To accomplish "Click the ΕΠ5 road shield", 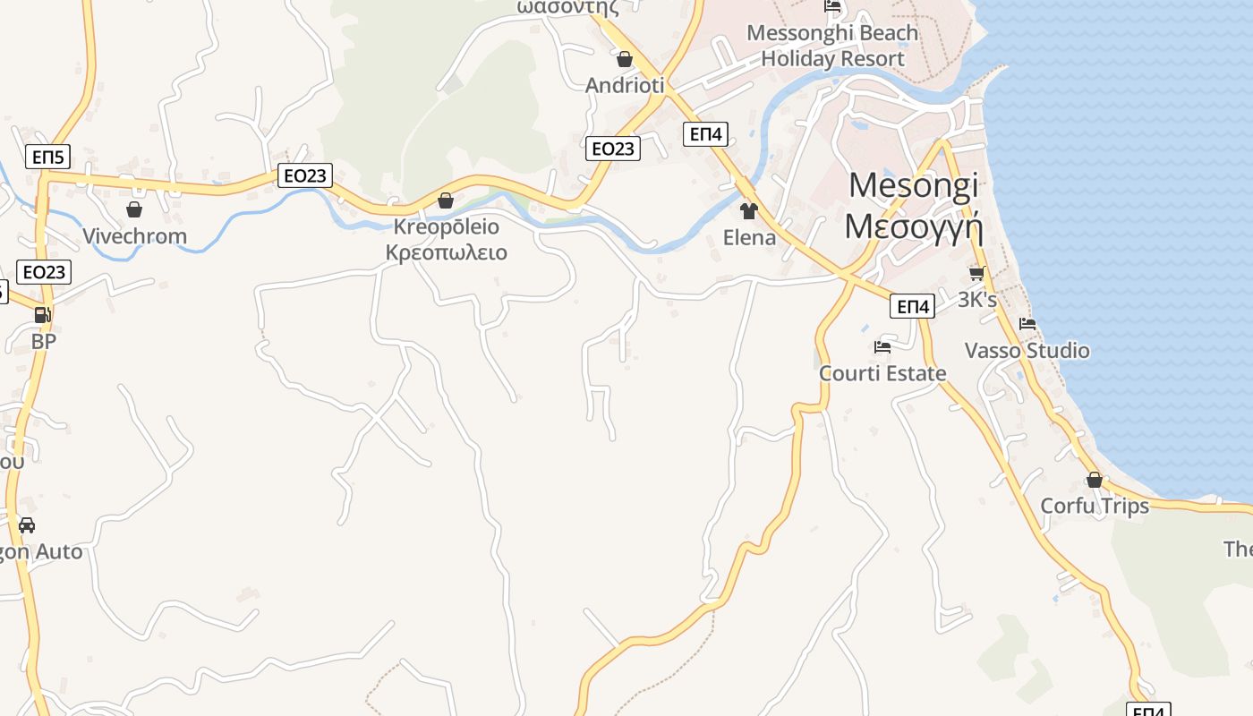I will [x=48, y=158].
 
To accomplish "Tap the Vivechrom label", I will [x=134, y=236].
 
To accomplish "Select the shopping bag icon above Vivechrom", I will [x=134, y=209].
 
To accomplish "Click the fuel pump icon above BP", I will [x=42, y=315].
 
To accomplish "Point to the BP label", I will [x=43, y=341].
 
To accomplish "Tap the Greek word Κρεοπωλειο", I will [x=446, y=252].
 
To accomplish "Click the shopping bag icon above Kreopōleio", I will [x=446, y=200].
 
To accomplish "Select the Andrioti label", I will [x=625, y=85].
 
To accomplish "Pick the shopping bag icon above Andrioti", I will [x=625, y=60].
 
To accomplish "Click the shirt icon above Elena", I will [x=749, y=211].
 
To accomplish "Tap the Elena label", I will [x=749, y=237].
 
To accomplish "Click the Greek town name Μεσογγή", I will [x=914, y=226].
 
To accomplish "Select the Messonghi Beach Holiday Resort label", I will [x=832, y=46].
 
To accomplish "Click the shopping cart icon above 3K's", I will [x=976, y=274].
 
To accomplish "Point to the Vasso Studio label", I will [x=1027, y=350].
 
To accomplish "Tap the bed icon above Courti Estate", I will [x=882, y=347].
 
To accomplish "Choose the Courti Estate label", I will [x=882, y=372].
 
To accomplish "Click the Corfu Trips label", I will [x=1094, y=506].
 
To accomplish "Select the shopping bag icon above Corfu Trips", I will [x=1094, y=481].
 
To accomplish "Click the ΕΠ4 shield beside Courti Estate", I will [x=913, y=307].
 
